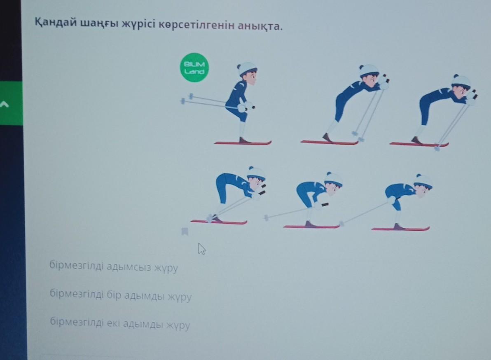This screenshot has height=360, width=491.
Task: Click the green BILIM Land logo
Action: click(x=194, y=68)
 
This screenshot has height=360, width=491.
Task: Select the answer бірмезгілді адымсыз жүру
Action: click(x=114, y=267)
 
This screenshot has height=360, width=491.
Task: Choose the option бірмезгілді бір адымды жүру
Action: click(x=121, y=295)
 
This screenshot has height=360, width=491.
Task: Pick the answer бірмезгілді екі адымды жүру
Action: click(x=120, y=323)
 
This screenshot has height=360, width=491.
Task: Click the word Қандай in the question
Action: click(x=56, y=23)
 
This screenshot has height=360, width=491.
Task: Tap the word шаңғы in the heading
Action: click(x=99, y=23)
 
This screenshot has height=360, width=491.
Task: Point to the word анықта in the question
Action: click(x=260, y=26)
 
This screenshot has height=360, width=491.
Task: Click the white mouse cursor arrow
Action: click(x=202, y=249)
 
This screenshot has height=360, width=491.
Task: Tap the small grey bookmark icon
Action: click(x=185, y=231)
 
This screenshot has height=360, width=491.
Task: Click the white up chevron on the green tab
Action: click(x=4, y=104)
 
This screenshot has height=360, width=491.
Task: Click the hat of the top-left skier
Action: click(x=247, y=68)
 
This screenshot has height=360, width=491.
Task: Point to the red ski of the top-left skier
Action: click(x=243, y=143)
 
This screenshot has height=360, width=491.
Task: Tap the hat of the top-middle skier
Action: click(x=369, y=70)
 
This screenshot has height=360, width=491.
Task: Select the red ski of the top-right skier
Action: click(x=419, y=144)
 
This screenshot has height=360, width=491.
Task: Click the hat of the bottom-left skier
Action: click(x=257, y=173)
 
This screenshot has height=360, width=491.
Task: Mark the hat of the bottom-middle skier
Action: click(x=333, y=179)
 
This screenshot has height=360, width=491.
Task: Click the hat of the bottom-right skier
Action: click(x=423, y=181)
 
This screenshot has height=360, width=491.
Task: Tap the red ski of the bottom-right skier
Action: click(x=400, y=229)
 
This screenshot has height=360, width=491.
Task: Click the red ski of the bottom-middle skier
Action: click(x=311, y=226)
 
